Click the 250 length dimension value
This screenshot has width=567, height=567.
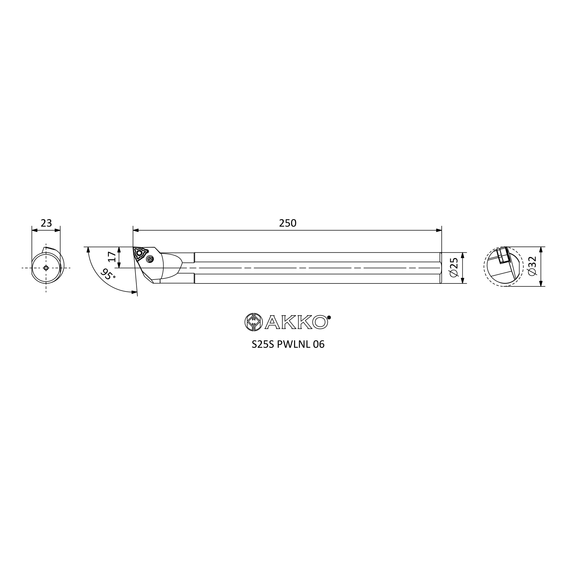[x=287, y=223]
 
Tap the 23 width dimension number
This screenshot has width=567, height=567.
[x=46, y=223]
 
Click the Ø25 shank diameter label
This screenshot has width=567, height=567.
[x=454, y=268]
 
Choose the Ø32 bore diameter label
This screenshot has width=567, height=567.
[x=532, y=266]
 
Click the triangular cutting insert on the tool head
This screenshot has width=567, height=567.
[x=140, y=253]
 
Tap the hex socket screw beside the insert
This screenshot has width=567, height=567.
[x=150, y=259]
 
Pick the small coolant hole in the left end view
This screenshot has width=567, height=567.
[x=46, y=268]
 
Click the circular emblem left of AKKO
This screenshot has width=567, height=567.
[x=253, y=322]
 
